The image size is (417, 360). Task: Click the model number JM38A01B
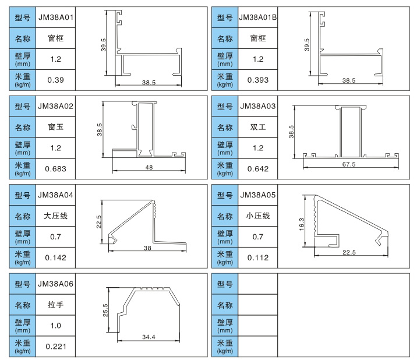(257, 17)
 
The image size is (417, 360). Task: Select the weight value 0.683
(56, 169)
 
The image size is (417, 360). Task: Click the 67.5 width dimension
(348, 165)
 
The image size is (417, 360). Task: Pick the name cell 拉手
(56, 305)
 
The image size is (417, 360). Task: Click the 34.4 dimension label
(149, 338)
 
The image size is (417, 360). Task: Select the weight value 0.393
(257, 80)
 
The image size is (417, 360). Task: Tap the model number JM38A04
(56, 195)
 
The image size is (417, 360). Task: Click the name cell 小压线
(257, 216)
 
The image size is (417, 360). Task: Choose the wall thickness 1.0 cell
(56, 326)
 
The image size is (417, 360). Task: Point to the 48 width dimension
(149, 168)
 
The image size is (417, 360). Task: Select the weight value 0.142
(56, 257)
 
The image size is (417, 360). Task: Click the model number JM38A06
(56, 284)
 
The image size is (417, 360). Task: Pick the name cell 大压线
(56, 216)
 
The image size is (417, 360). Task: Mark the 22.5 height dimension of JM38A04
(99, 222)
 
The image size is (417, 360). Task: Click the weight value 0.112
(257, 257)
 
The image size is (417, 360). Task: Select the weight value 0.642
(257, 169)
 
